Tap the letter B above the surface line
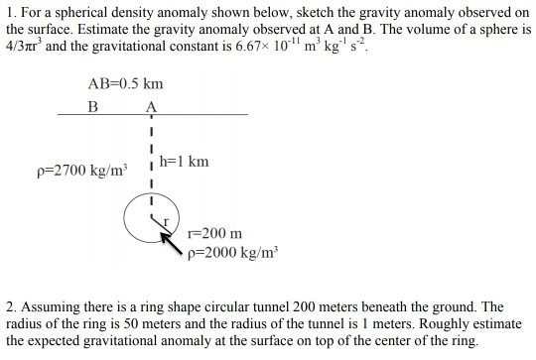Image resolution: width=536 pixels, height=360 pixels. pyautogui.click(x=94, y=105)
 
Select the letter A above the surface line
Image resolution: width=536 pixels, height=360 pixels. pyautogui.click(x=151, y=105)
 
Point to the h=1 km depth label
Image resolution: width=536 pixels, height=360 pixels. pyautogui.click(x=184, y=161)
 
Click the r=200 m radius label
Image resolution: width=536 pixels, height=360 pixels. pyautogui.click(x=214, y=234)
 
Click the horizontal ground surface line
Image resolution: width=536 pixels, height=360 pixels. pyautogui.click(x=199, y=116)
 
